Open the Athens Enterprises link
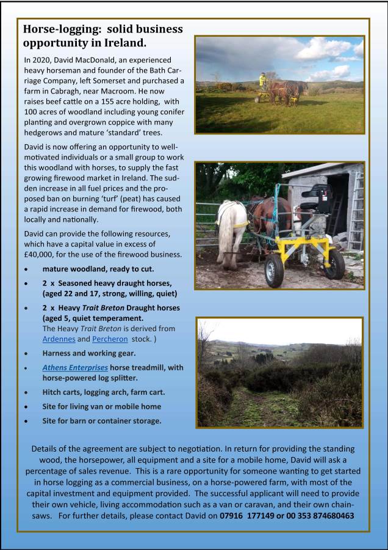pos(75,367)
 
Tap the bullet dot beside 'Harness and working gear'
pos(26,354)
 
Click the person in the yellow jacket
pos(263,80)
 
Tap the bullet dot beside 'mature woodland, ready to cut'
pos(26,269)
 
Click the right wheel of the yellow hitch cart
pos(335,263)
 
